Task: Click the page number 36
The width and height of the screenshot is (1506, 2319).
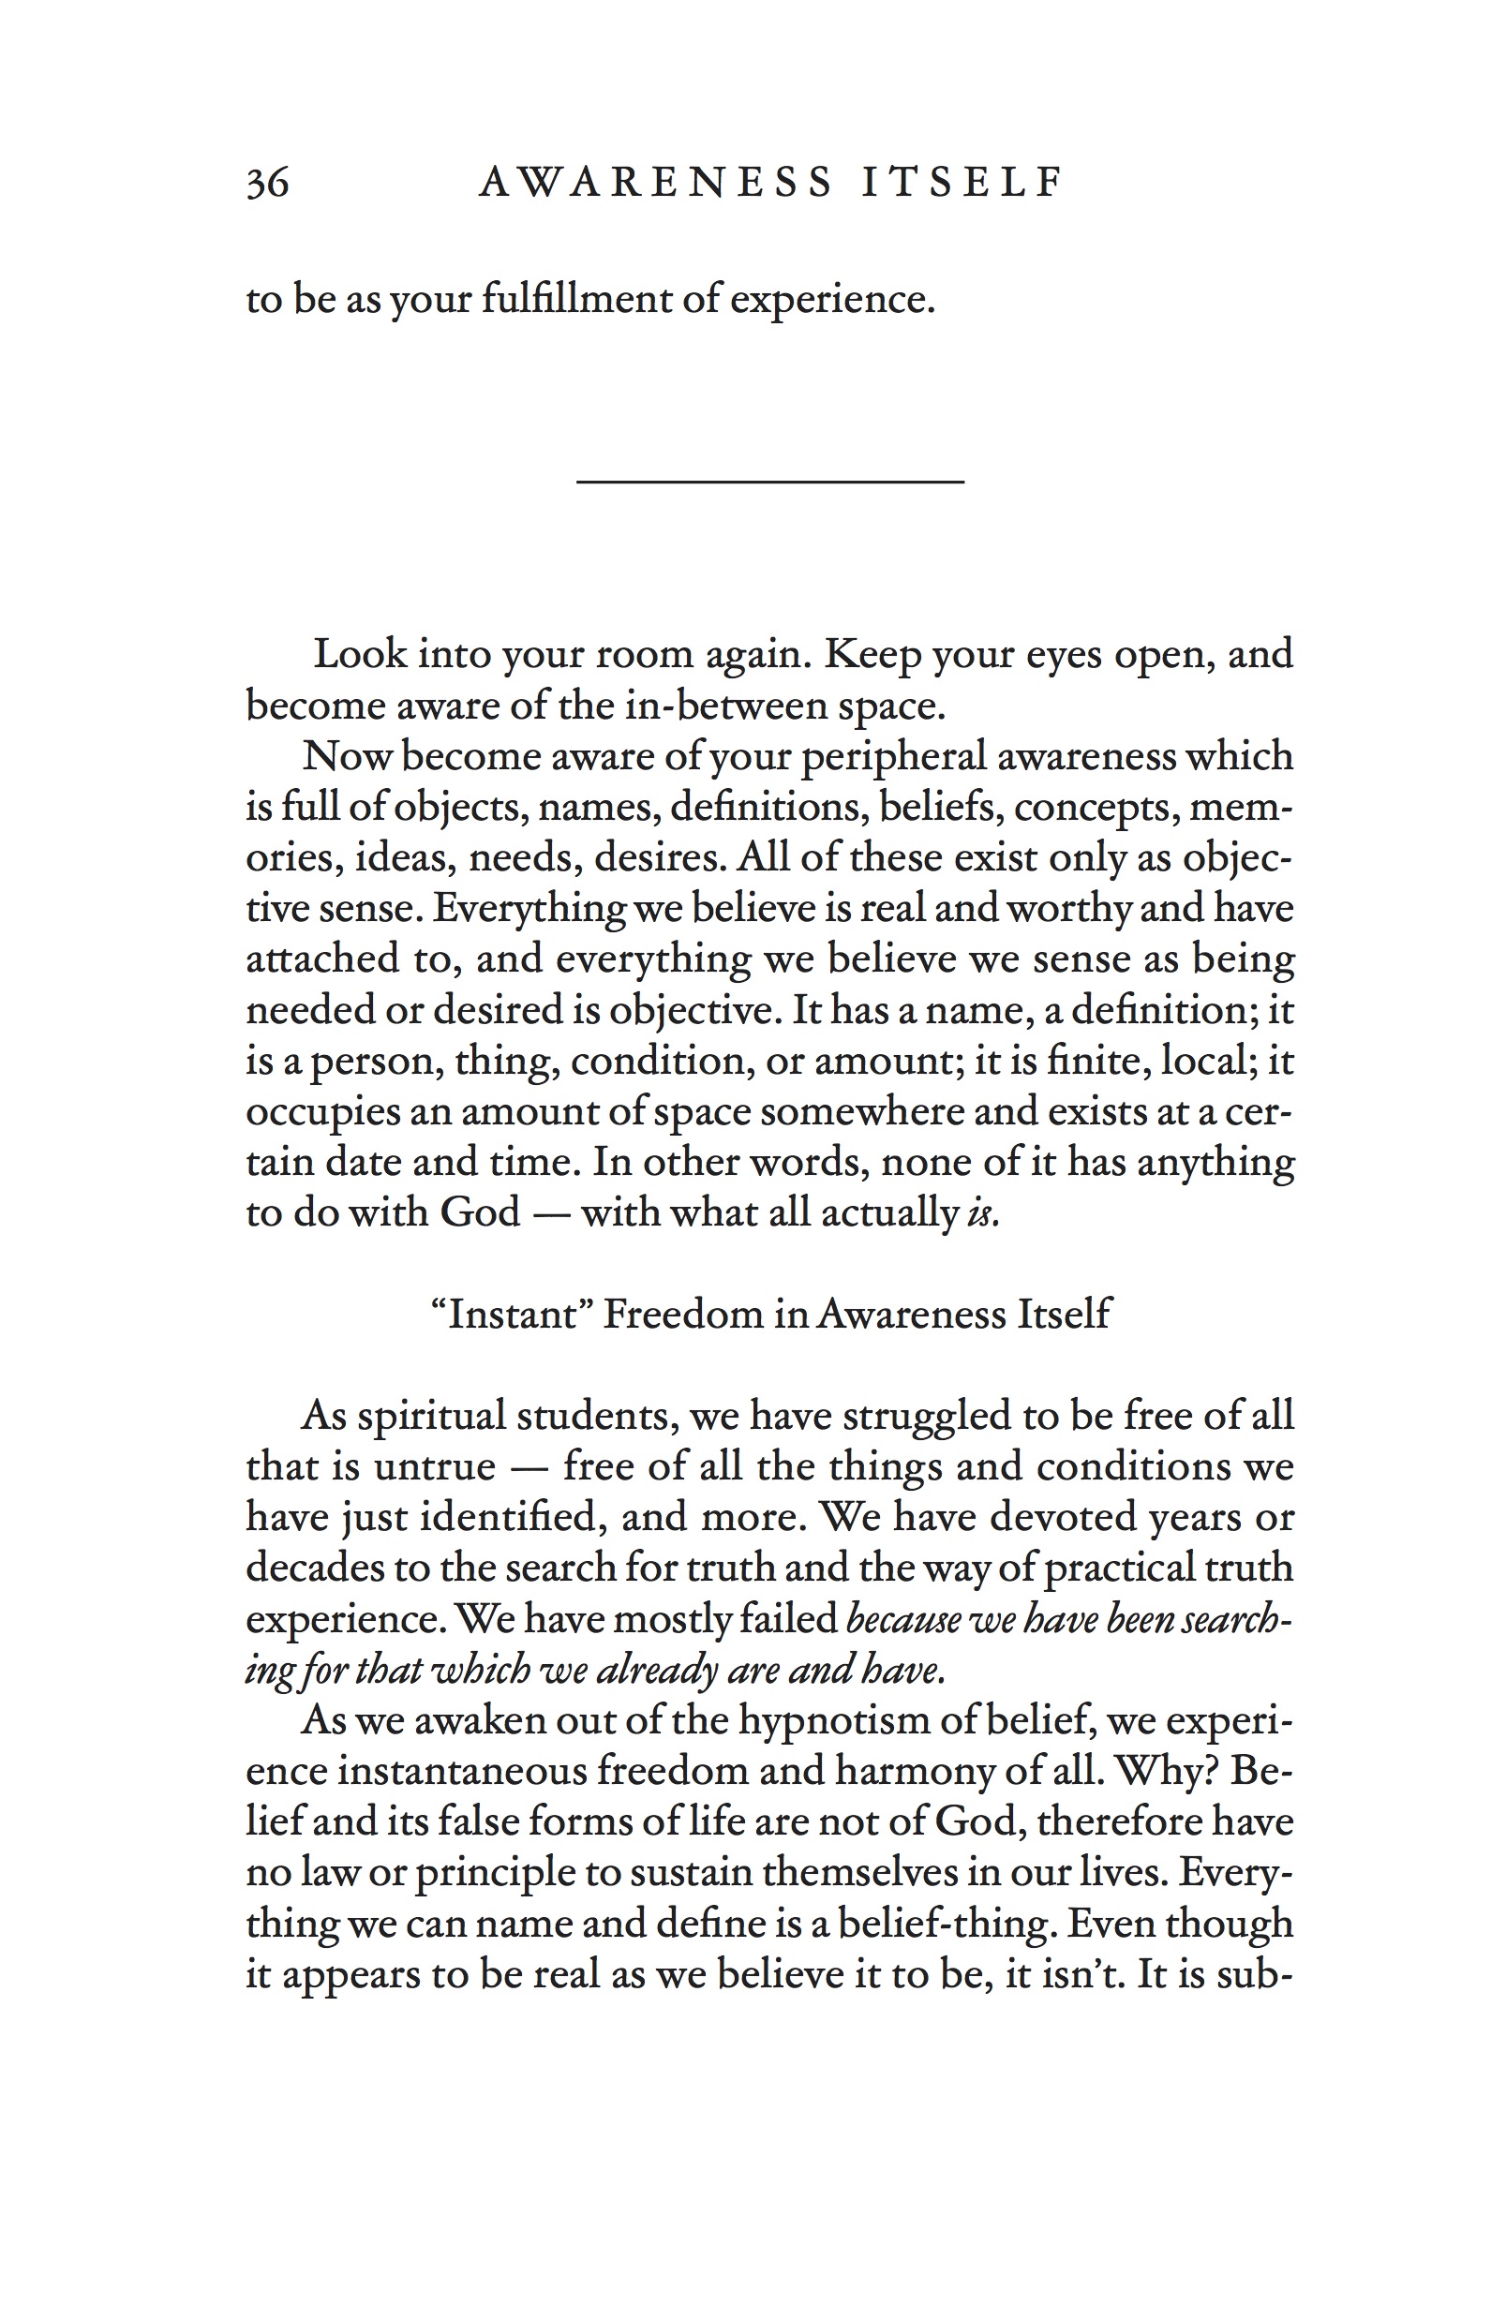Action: pyautogui.click(x=267, y=182)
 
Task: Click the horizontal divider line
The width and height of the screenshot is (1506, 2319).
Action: pyautogui.click(x=770, y=481)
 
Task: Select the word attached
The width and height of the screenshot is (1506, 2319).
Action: pyautogui.click(x=322, y=959)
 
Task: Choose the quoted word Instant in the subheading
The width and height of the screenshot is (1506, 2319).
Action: pyautogui.click(x=513, y=1315)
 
